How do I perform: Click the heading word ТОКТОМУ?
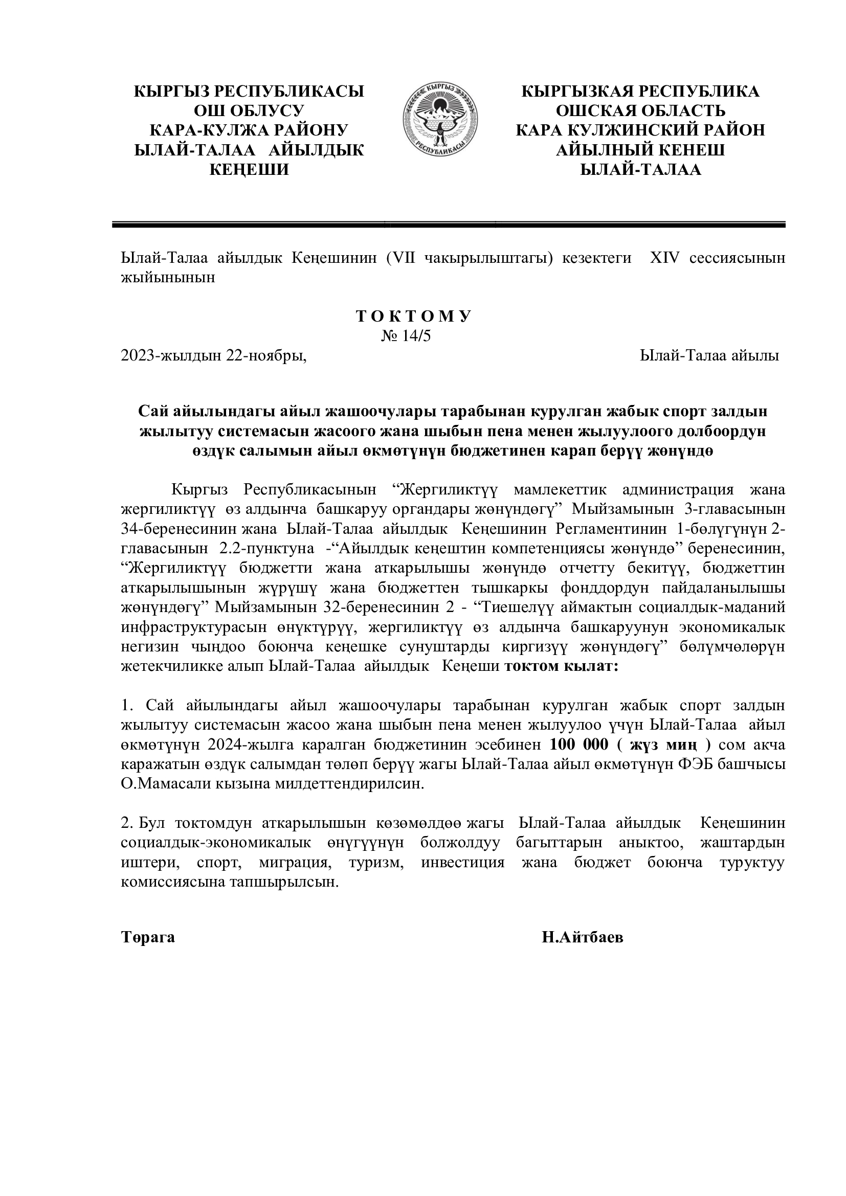click(x=414, y=316)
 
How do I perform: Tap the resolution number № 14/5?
click(x=406, y=336)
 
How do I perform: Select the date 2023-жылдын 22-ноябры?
click(x=214, y=356)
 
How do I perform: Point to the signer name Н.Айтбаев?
click(x=582, y=938)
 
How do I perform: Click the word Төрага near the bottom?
click(x=148, y=938)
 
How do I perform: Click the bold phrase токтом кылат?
click(x=561, y=667)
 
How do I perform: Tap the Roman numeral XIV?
click(x=664, y=258)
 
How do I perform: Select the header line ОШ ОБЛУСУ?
click(x=249, y=111)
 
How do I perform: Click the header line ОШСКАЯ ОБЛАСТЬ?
click(x=640, y=111)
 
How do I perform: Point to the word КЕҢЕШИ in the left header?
click(x=249, y=170)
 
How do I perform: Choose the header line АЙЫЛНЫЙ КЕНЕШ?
click(x=640, y=150)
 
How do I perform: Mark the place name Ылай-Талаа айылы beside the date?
click(x=709, y=356)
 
